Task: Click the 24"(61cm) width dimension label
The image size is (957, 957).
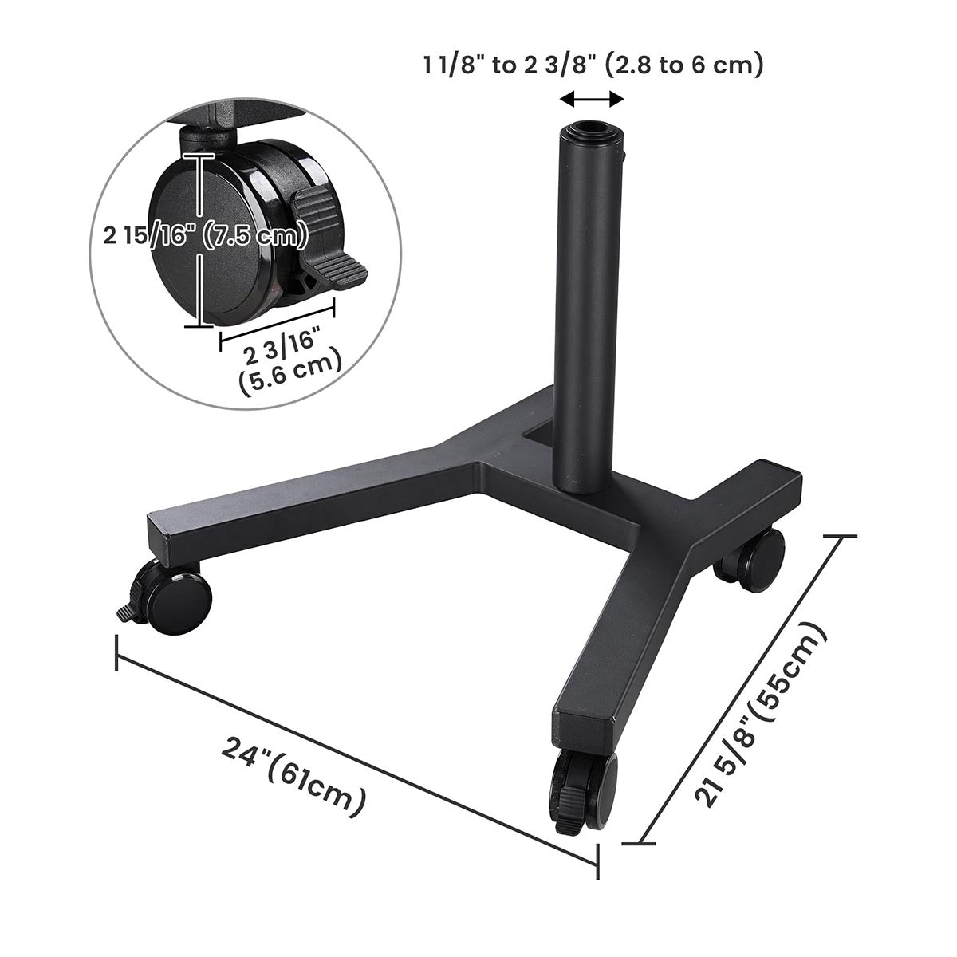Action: tap(294, 777)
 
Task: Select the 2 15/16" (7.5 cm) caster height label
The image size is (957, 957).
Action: tap(206, 237)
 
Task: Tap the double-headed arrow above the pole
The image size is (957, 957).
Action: tap(591, 99)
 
